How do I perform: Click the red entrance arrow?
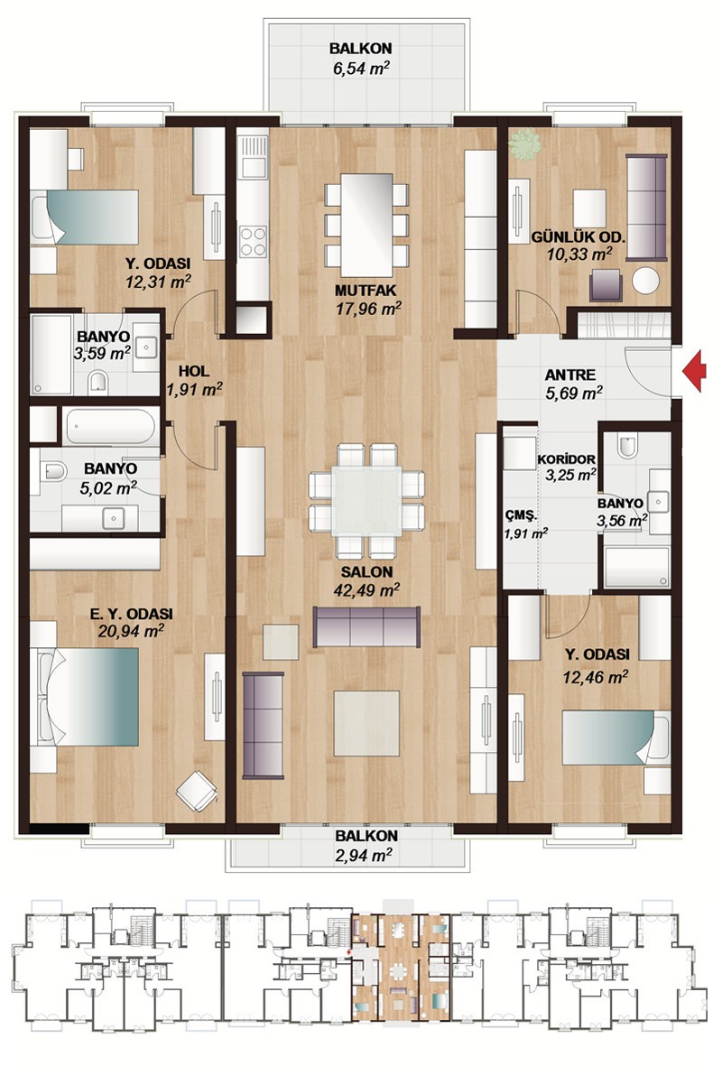pyautogui.click(x=695, y=371)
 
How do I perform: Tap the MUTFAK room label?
pyautogui.click(x=366, y=290)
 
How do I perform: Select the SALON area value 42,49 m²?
pyautogui.click(x=366, y=589)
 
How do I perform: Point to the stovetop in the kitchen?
pyautogui.click(x=253, y=241)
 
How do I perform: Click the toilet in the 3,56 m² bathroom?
pyautogui.click(x=627, y=446)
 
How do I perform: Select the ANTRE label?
pyautogui.click(x=569, y=375)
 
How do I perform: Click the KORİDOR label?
pyautogui.click(x=566, y=459)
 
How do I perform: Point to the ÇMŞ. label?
pyautogui.click(x=521, y=515)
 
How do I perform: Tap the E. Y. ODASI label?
pyautogui.click(x=132, y=614)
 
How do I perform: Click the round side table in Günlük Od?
pyautogui.click(x=645, y=281)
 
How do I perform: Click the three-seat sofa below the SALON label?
pyautogui.click(x=366, y=626)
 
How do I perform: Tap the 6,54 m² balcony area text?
pyautogui.click(x=360, y=69)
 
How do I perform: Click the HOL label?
pyautogui.click(x=194, y=372)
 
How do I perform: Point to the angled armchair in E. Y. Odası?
pyautogui.click(x=198, y=792)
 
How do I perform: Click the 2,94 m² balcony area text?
pyautogui.click(x=364, y=855)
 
